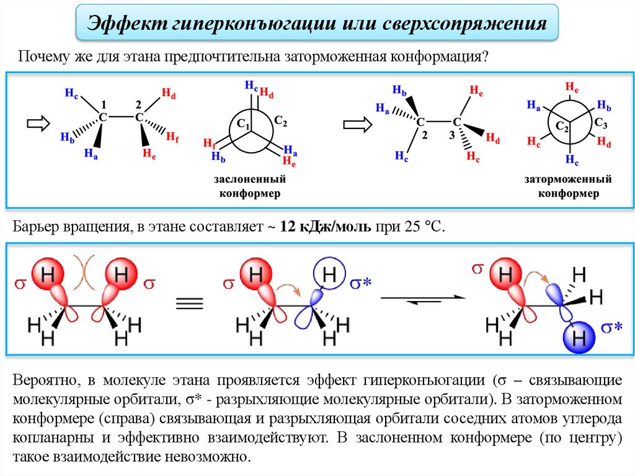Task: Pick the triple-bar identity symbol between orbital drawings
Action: point(190,302)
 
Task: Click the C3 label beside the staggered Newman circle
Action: point(601,122)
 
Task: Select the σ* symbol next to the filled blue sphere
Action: point(612,326)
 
